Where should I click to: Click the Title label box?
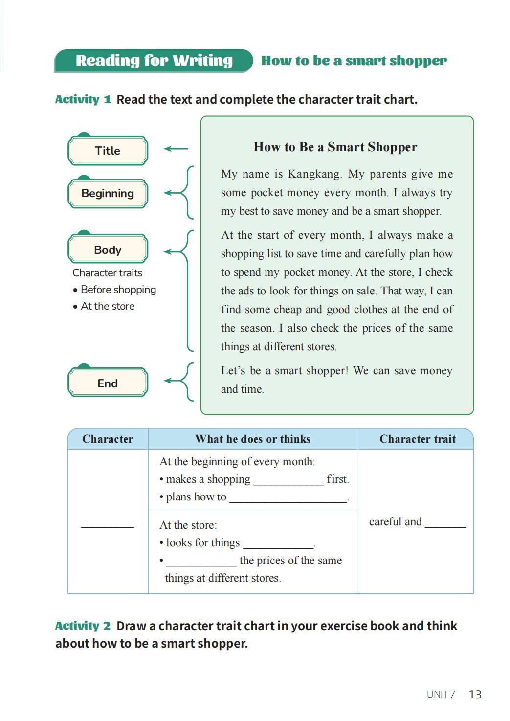click(108, 151)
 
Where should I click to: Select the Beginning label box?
click(108, 194)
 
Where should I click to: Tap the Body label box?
click(108, 250)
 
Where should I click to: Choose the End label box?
click(108, 383)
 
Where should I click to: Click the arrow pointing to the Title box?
click(176, 149)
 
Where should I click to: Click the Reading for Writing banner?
click(154, 61)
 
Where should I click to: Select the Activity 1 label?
click(83, 100)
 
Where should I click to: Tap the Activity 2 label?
click(83, 626)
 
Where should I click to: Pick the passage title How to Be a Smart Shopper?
click(335, 147)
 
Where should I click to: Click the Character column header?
click(108, 439)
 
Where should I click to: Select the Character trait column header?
click(417, 439)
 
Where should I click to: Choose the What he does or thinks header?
click(253, 439)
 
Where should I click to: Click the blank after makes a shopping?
click(288, 480)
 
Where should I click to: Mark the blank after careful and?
click(445, 523)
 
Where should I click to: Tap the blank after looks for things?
click(278, 544)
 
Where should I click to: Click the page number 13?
click(475, 695)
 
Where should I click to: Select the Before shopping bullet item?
click(118, 290)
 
